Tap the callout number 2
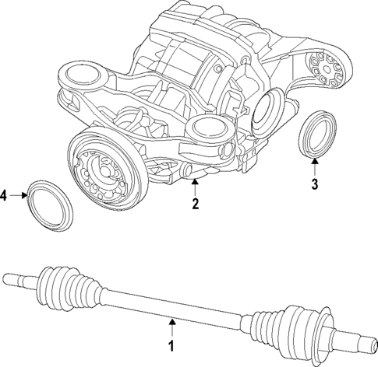click(196, 204)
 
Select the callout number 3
click(314, 184)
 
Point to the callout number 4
click(5, 195)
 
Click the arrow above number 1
click(173, 325)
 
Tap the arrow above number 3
click(314, 166)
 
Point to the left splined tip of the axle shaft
click(16, 275)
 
